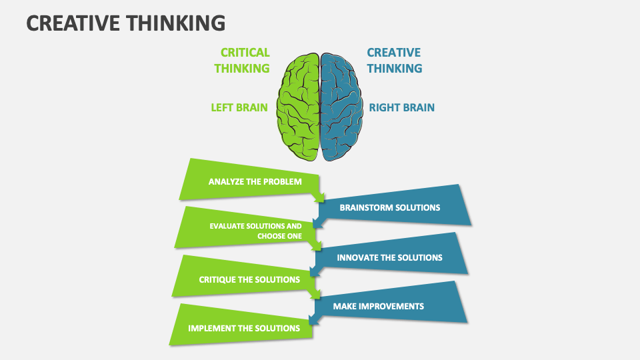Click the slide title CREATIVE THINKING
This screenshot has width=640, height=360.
[x=125, y=23]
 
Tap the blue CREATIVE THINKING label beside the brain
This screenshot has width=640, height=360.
[x=394, y=60]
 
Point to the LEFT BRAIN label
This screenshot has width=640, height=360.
[x=239, y=107]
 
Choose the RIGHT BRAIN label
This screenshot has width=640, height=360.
[x=402, y=107]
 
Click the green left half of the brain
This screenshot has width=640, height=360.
[x=298, y=107]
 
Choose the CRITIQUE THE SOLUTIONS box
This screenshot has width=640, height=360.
[x=247, y=279]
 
